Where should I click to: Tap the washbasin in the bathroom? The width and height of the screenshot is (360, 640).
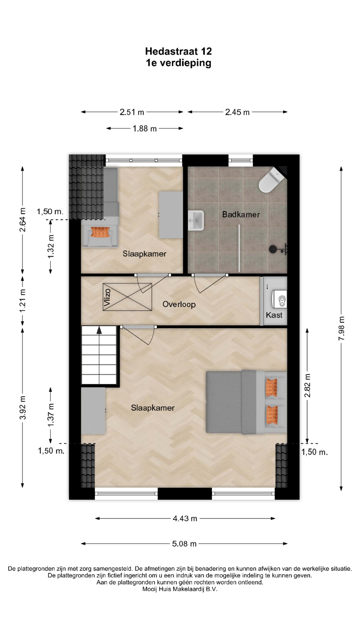196,220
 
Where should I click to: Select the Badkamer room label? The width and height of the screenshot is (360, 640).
241,214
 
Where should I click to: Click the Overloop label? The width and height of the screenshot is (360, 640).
179,304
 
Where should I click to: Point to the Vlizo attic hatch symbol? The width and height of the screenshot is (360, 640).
127,297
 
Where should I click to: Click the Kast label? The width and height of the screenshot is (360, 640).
274,315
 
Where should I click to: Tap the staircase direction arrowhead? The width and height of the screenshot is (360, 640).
99,330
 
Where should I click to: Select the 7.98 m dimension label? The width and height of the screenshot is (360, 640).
341,328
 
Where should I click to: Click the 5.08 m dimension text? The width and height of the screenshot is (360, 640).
184,544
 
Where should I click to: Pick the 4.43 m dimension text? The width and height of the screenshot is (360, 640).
185,518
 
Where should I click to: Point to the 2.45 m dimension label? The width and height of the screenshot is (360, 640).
237,112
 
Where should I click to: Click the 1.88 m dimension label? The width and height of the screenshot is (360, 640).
145,128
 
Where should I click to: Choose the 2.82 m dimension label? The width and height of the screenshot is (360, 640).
307,385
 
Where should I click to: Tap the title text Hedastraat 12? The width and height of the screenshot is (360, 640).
179,51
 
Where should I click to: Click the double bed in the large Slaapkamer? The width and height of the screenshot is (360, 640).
246,402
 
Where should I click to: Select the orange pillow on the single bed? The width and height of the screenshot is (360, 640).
100,232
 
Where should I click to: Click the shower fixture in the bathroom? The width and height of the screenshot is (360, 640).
278,249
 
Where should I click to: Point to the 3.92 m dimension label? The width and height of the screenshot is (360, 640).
23,407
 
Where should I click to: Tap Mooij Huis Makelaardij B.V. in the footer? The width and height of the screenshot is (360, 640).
180,589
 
